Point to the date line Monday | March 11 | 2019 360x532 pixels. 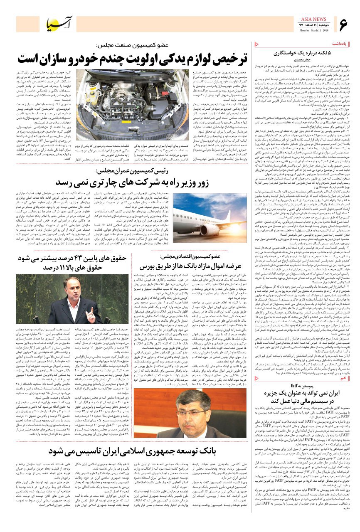pyautogui.click(x=313, y=30)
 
